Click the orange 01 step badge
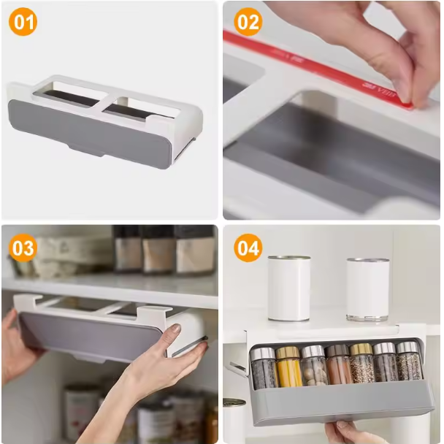pyautogui.click(x=23, y=22)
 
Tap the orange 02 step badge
pyautogui.click(x=248, y=22)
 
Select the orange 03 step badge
pyautogui.click(x=23, y=248)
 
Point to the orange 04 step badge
pyautogui.click(x=248, y=248)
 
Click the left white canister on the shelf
pyautogui.click(x=289, y=288)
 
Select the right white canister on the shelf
pyautogui.click(x=367, y=289)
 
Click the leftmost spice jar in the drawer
pyautogui.click(x=264, y=368)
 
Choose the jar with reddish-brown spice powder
pyautogui.click(x=338, y=364)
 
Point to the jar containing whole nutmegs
pyautogui.click(x=314, y=366)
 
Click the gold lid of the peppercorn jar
pyautogui.click(x=361, y=349)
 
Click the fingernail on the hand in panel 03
pyautogui.click(x=176, y=328)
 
